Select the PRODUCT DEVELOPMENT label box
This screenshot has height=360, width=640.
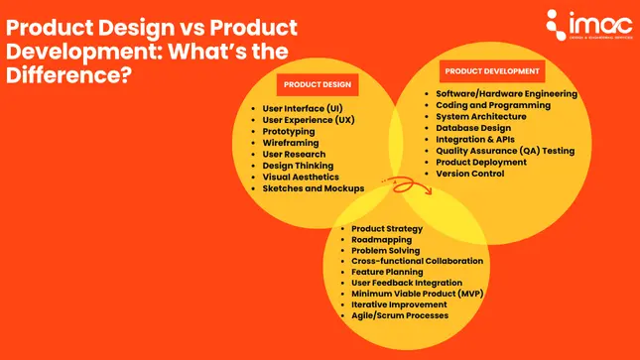(x=492, y=71)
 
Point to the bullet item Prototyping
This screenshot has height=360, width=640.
(x=289, y=131)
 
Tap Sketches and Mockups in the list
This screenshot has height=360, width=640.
(x=313, y=188)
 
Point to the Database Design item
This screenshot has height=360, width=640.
(x=473, y=128)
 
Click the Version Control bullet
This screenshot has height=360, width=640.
(x=470, y=174)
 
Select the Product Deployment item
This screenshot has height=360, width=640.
(x=481, y=162)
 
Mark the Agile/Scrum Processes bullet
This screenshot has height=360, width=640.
(x=400, y=315)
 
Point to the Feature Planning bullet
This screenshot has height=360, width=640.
(x=387, y=272)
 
